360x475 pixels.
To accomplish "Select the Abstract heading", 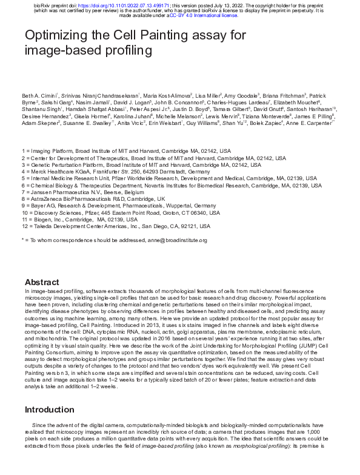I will point(42,282).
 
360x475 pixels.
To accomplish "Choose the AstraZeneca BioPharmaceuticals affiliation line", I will point(93,198).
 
